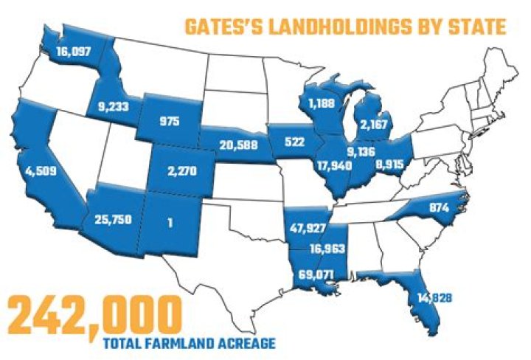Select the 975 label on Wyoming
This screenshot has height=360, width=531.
pos(172,120)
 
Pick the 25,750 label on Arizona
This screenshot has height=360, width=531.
pos(113,219)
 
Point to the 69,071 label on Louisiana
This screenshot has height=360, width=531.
pos(315,274)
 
